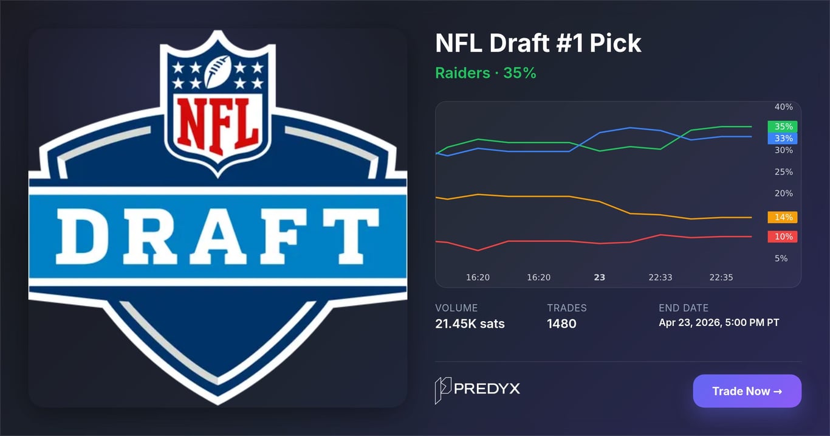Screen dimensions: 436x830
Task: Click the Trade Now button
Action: [747, 391]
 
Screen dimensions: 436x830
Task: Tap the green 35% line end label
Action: [783, 126]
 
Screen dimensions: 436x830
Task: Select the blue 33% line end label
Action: [783, 138]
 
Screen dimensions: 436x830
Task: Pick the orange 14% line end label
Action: [783, 217]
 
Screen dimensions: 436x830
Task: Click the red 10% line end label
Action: [783, 237]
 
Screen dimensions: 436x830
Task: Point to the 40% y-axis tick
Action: [783, 107]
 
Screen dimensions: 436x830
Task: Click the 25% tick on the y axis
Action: [783, 172]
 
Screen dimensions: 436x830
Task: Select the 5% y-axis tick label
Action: [781, 258]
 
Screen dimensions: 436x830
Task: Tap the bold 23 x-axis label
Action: [599, 277]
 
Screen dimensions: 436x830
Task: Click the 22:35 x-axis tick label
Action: [721, 277]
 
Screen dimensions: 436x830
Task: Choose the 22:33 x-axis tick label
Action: [660, 277]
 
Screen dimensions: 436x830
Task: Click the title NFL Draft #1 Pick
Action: [538, 43]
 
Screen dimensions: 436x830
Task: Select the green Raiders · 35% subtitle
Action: [485, 74]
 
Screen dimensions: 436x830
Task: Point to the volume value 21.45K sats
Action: [470, 324]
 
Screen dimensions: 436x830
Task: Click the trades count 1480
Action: [561, 324]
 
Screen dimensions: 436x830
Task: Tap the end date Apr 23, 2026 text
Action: [719, 322]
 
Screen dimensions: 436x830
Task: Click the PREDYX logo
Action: [478, 390]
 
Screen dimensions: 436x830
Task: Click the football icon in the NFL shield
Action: [217, 71]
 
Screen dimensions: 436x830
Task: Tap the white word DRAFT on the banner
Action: [218, 235]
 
